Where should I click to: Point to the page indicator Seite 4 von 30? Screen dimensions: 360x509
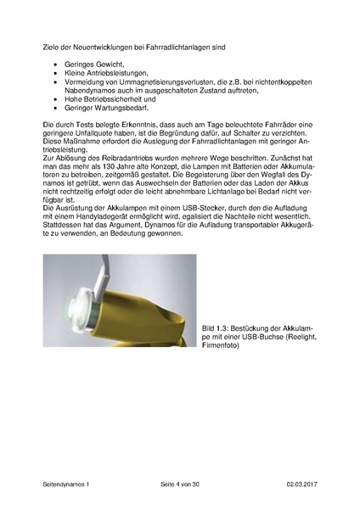coord(180,484)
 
